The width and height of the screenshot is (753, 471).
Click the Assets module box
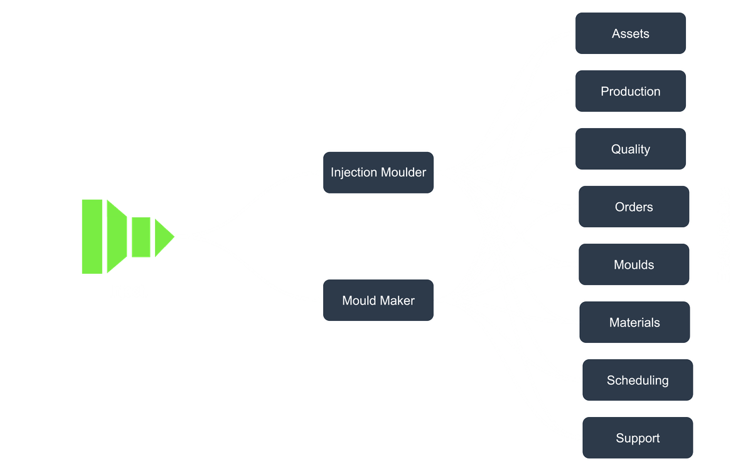pos(631,33)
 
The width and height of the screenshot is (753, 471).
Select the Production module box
pos(631,91)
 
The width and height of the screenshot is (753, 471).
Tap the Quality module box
pos(631,149)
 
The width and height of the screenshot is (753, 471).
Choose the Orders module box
pos(634,207)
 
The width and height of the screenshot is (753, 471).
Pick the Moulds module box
pos(634,264)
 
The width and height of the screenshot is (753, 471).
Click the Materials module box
pos(634,322)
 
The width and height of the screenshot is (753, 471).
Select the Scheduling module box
pos(638,380)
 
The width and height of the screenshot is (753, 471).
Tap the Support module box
pos(638,438)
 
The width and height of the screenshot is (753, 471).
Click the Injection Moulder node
pos(378,172)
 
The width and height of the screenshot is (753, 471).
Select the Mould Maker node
pos(378,300)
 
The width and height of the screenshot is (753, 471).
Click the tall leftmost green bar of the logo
pos(92,237)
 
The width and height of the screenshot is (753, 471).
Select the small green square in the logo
pos(141,237)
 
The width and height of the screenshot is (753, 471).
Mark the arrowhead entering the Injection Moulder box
pos(319,172)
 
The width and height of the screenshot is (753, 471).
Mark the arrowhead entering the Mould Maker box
pos(319,300)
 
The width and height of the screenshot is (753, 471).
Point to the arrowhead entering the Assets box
pos(571,34)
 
